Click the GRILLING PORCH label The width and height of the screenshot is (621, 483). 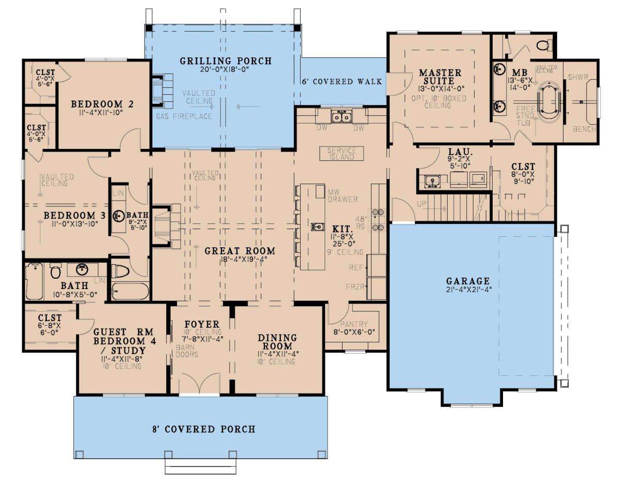click(x=226, y=61)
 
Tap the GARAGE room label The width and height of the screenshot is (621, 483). click(x=468, y=281)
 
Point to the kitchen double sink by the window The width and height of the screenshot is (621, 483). click(x=342, y=117)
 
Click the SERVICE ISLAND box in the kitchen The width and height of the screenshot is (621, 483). click(x=342, y=153)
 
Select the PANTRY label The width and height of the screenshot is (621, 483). click(x=354, y=324)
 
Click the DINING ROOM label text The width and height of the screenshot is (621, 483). click(x=277, y=341)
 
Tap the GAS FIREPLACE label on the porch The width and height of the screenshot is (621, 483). click(x=184, y=116)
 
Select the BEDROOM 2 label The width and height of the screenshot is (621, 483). click(x=102, y=104)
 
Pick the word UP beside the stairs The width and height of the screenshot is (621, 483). click(x=422, y=204)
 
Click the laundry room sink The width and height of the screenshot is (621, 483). click(x=432, y=180)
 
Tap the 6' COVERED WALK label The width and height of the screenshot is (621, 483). click(x=342, y=81)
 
